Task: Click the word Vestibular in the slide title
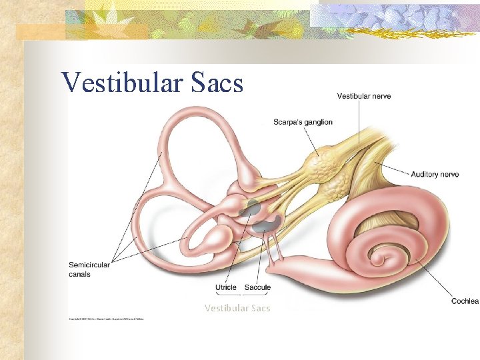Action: tap(112, 82)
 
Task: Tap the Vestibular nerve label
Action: tap(363, 96)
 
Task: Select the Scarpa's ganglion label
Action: tap(303, 122)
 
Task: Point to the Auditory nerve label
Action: tap(435, 175)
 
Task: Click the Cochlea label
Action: tap(464, 301)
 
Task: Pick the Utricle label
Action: tap(226, 288)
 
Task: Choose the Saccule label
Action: tap(257, 288)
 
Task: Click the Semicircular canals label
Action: tap(89, 269)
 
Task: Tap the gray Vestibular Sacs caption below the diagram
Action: tap(237, 308)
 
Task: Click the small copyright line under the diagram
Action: tap(107, 319)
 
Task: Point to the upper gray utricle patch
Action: tap(252, 207)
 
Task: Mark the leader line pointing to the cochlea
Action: tap(433, 280)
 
